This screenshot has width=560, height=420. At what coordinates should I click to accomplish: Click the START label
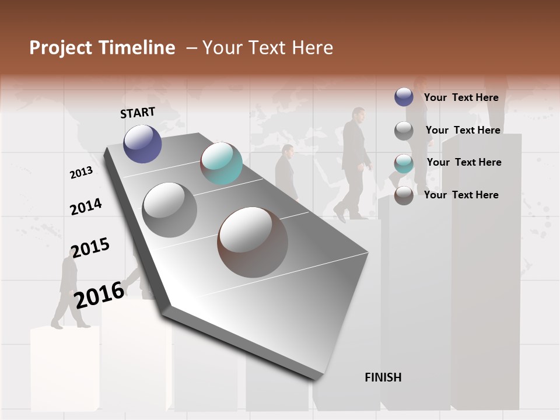click(138, 113)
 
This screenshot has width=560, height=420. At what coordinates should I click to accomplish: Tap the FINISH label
click(383, 377)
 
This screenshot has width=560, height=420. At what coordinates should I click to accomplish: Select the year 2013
click(81, 173)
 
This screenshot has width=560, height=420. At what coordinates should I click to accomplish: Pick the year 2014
click(86, 207)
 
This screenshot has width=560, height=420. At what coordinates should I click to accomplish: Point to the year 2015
click(90, 248)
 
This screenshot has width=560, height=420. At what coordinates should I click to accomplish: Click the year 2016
click(99, 295)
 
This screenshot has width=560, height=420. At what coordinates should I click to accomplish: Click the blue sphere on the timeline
click(142, 143)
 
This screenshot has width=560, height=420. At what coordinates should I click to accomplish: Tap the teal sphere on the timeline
click(221, 163)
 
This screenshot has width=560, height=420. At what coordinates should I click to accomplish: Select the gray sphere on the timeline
click(170, 210)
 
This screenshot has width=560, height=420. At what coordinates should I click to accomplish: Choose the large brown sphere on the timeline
click(253, 242)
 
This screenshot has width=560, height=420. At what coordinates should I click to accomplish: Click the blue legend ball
click(404, 97)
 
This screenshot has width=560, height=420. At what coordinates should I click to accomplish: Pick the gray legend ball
click(404, 131)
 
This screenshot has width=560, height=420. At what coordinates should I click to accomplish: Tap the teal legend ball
click(404, 163)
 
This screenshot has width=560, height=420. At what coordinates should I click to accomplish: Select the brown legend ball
click(404, 195)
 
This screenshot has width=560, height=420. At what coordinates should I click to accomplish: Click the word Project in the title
click(59, 48)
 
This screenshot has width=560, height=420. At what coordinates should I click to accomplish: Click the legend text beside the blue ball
click(461, 97)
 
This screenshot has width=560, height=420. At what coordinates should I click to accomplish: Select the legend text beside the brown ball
click(461, 195)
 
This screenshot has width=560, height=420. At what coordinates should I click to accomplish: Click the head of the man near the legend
click(358, 114)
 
